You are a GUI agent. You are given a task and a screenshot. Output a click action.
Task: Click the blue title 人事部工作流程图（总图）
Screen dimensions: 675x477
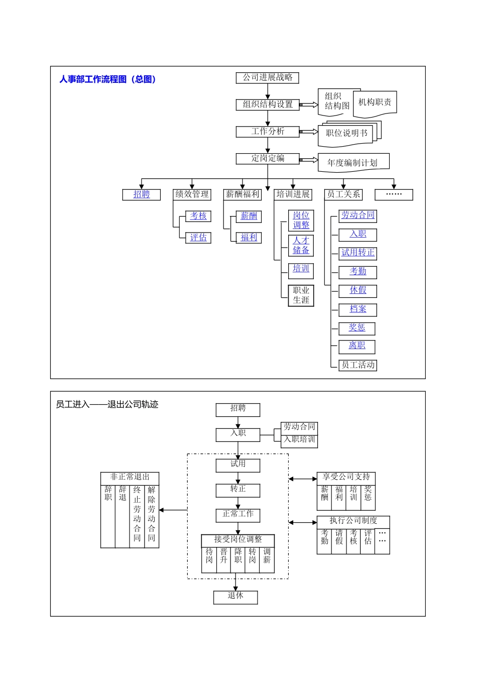click(x=107, y=79)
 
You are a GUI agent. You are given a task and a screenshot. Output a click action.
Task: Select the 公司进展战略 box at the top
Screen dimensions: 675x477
click(x=267, y=77)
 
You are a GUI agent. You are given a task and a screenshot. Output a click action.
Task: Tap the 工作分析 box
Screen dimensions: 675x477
click(x=267, y=132)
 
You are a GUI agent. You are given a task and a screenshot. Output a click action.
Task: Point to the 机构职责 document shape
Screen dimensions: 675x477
click(x=375, y=102)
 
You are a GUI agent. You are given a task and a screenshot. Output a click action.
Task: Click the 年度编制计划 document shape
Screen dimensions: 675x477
click(x=352, y=163)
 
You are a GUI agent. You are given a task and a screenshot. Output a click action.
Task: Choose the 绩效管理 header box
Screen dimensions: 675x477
click(x=192, y=194)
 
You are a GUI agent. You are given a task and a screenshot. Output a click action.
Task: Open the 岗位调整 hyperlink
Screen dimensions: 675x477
click(x=301, y=220)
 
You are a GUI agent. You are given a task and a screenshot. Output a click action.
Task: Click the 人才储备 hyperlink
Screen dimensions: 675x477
click(x=301, y=246)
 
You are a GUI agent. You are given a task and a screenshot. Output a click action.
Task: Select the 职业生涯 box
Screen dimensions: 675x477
click(x=301, y=295)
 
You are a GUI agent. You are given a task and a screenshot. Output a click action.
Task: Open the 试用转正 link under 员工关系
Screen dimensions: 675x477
click(x=358, y=253)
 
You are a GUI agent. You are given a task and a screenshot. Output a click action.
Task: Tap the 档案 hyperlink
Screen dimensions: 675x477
click(x=358, y=309)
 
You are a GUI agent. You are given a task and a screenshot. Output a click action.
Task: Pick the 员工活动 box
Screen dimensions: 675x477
click(x=358, y=365)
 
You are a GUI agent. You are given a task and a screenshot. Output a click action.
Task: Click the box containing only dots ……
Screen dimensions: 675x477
click(x=394, y=194)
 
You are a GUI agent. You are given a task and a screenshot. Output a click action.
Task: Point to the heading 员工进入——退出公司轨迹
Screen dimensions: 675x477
click(x=107, y=404)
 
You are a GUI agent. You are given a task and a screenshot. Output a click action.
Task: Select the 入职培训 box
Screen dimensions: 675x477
click(x=299, y=440)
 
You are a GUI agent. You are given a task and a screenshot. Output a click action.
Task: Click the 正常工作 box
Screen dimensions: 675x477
click(x=238, y=514)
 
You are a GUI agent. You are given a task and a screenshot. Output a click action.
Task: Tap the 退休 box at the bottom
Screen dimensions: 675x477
click(x=235, y=596)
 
